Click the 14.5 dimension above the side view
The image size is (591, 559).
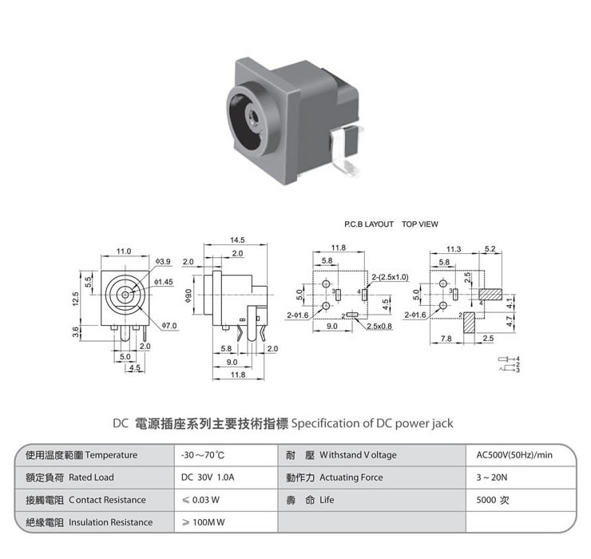(237, 240)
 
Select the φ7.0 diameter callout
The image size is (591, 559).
(169, 326)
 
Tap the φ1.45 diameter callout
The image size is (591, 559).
(164, 282)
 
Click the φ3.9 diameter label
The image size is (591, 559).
(162, 262)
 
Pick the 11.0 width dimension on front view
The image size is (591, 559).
(124, 252)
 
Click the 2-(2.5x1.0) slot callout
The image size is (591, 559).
(391, 276)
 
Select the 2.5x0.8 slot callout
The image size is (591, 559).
(380, 326)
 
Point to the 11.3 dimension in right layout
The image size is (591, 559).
(454, 249)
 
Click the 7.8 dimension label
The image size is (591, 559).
(446, 339)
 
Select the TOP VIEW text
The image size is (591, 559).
(420, 224)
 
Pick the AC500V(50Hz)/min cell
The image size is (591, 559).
(514, 455)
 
